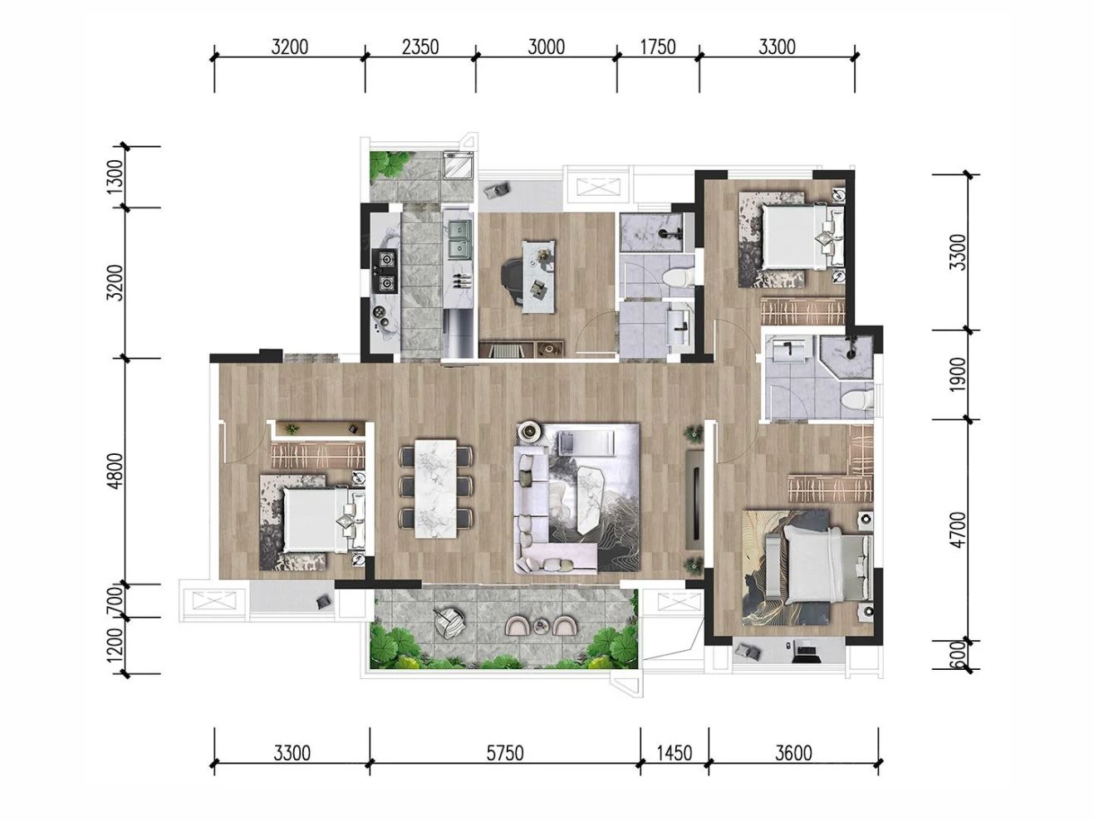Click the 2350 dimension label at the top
(420, 47)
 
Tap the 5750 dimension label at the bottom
(505, 753)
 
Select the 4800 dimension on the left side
(115, 471)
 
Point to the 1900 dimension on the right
(958, 374)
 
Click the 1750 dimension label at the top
(658, 47)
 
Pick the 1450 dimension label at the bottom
(675, 753)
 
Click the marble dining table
(435, 488)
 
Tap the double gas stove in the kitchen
(385, 271)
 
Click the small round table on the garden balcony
(541, 625)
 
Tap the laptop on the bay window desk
(806, 652)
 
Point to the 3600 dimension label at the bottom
(793, 753)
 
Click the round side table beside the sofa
(529, 431)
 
